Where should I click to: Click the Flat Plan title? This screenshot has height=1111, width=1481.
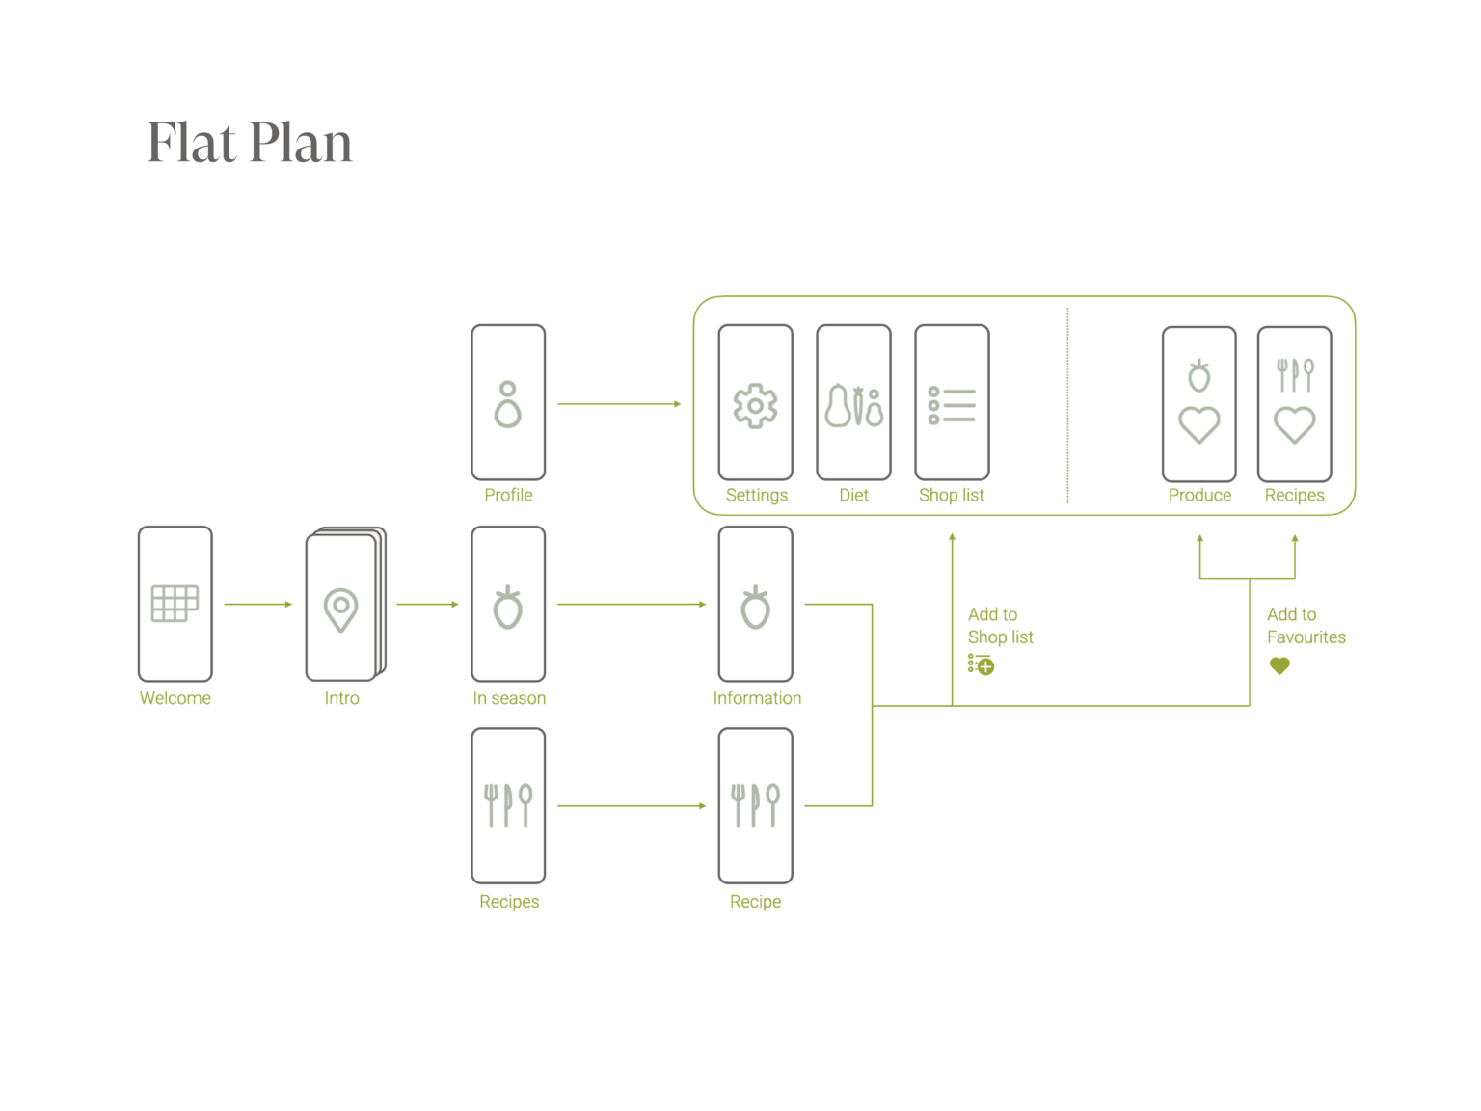pos(250,143)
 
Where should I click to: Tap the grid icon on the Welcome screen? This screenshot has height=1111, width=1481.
pos(175,604)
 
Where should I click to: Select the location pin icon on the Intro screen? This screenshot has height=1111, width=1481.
pos(340,610)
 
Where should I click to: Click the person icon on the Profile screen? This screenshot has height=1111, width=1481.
pos(508,404)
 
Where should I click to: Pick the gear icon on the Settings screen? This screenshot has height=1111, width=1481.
pos(756,406)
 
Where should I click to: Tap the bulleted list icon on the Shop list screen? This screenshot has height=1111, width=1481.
pos(952,406)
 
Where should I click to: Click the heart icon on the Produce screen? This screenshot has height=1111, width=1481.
pos(1199,424)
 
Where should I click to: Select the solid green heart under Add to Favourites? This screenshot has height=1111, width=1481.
pos(1279,665)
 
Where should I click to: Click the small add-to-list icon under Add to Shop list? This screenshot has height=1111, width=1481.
pos(981,664)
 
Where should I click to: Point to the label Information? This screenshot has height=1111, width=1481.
pos(757,698)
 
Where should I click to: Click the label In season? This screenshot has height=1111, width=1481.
pos(509,698)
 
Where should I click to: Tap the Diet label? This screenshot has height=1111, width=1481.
pos(853,495)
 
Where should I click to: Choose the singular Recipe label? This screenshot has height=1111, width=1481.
pos(755,902)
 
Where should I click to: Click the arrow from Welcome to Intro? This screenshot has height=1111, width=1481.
pos(257,605)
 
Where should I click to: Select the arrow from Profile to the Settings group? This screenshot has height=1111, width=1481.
pos(618,404)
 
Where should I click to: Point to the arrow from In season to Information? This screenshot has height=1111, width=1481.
pos(632,605)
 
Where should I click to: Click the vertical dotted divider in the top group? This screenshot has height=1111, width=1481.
pos(1067,405)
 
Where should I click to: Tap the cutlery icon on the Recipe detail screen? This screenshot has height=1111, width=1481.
pos(755,805)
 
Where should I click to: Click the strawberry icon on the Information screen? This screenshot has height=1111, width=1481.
pos(756,608)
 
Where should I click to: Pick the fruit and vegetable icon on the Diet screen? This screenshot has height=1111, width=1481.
pos(853,406)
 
